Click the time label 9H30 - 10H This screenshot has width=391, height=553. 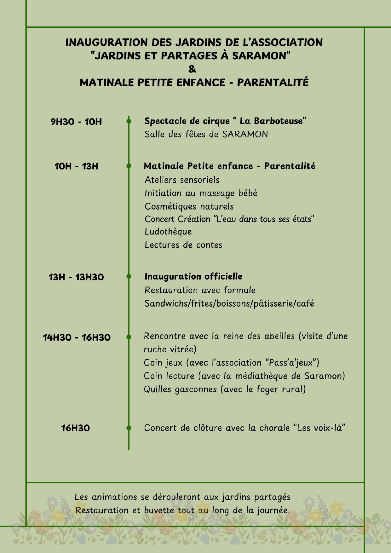pyautogui.click(x=76, y=122)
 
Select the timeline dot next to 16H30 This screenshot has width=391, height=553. pyautogui.click(x=129, y=428)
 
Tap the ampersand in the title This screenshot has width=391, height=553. pyautogui.click(x=192, y=69)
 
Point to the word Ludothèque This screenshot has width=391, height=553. pyautogui.click(x=168, y=232)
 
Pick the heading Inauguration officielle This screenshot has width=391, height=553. pyautogui.click(x=193, y=277)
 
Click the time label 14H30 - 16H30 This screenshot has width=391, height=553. pyautogui.click(x=77, y=337)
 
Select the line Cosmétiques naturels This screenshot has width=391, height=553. pyautogui.click(x=189, y=207)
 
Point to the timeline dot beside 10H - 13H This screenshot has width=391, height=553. pyautogui.click(x=129, y=166)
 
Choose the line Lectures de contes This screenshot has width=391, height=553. pyautogui.click(x=183, y=245)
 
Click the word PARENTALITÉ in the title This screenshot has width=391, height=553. pyautogui.click(x=273, y=83)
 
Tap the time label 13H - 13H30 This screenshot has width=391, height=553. pyautogui.click(x=76, y=277)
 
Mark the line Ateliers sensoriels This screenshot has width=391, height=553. pyautogui.click(x=182, y=180)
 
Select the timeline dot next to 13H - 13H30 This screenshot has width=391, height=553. pyautogui.click(x=129, y=276)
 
